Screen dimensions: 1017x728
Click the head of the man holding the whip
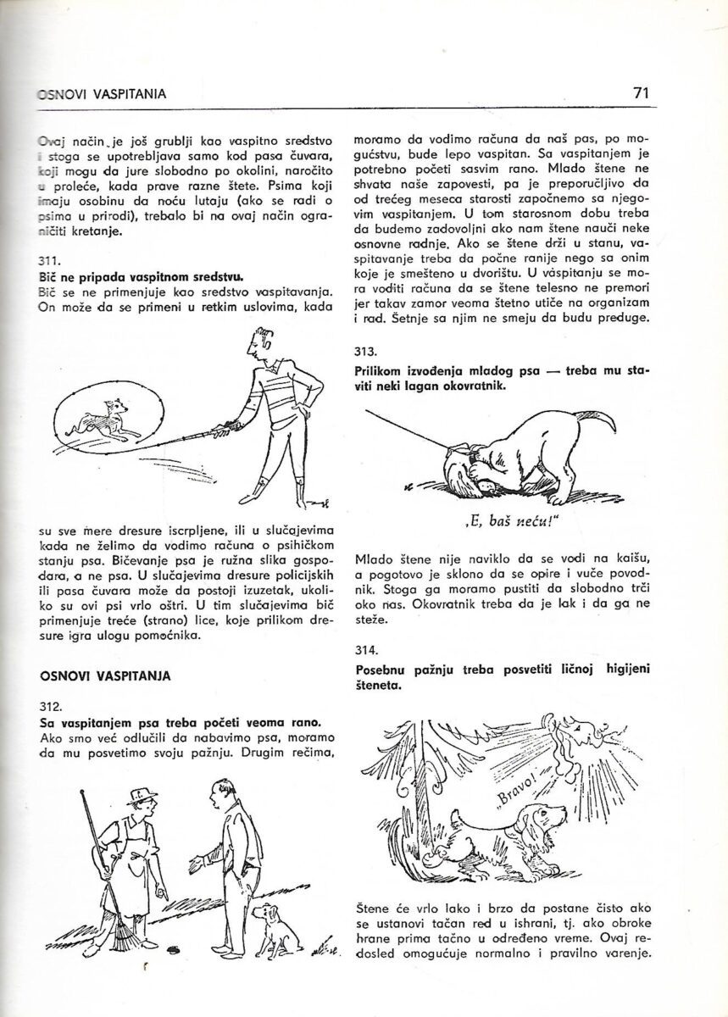pyautogui.click(x=257, y=342)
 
